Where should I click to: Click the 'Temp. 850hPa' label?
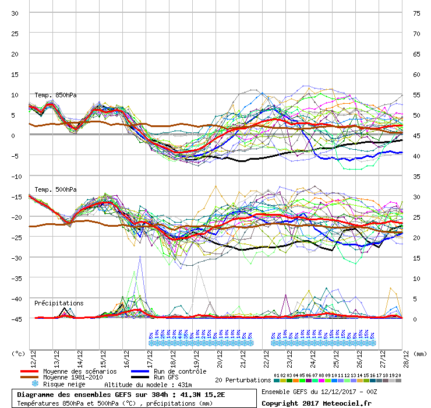point(55,95)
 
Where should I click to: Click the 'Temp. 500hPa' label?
point(55,189)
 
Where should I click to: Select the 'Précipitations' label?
point(59,303)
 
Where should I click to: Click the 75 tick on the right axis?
point(417,13)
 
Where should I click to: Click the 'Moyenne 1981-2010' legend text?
point(73,378)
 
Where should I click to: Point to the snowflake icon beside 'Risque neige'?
point(34,384)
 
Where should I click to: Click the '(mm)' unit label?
point(420,353)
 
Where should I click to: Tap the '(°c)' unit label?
point(19,353)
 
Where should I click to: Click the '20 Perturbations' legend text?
point(243,380)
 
